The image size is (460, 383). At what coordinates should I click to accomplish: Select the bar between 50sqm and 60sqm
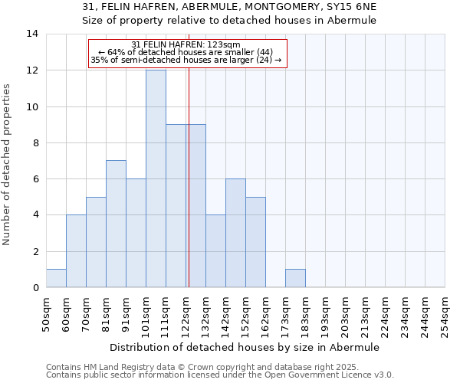pyautogui.click(x=56, y=278)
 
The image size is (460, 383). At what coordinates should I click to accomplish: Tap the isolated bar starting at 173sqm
pyautogui.click(x=295, y=278)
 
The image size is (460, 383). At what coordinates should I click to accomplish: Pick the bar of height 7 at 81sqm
pyautogui.click(x=116, y=224)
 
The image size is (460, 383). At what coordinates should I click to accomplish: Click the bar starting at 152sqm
pyautogui.click(x=255, y=242)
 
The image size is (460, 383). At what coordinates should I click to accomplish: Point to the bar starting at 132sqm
pyautogui.click(x=215, y=251)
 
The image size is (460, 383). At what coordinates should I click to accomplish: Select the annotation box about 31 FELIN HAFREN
pyautogui.click(x=187, y=54)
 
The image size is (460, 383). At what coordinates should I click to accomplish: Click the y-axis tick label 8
pyautogui.click(x=35, y=143)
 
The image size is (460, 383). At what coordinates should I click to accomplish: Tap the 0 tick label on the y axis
pyautogui.click(x=35, y=288)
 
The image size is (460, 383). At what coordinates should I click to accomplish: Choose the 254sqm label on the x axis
pyautogui.click(x=445, y=316)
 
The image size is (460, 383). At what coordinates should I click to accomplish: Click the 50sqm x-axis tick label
pyautogui.click(x=46, y=316)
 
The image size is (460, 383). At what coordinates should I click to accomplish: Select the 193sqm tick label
pyautogui.click(x=325, y=316)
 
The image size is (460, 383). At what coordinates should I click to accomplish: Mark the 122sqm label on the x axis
pyautogui.click(x=186, y=316)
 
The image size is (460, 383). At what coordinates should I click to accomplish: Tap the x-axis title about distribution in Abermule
pyautogui.click(x=245, y=347)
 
